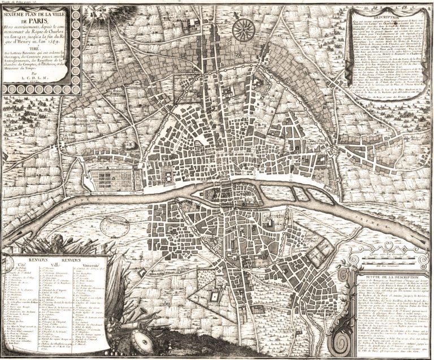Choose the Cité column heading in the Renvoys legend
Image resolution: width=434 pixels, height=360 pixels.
click(x=23, y=264)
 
